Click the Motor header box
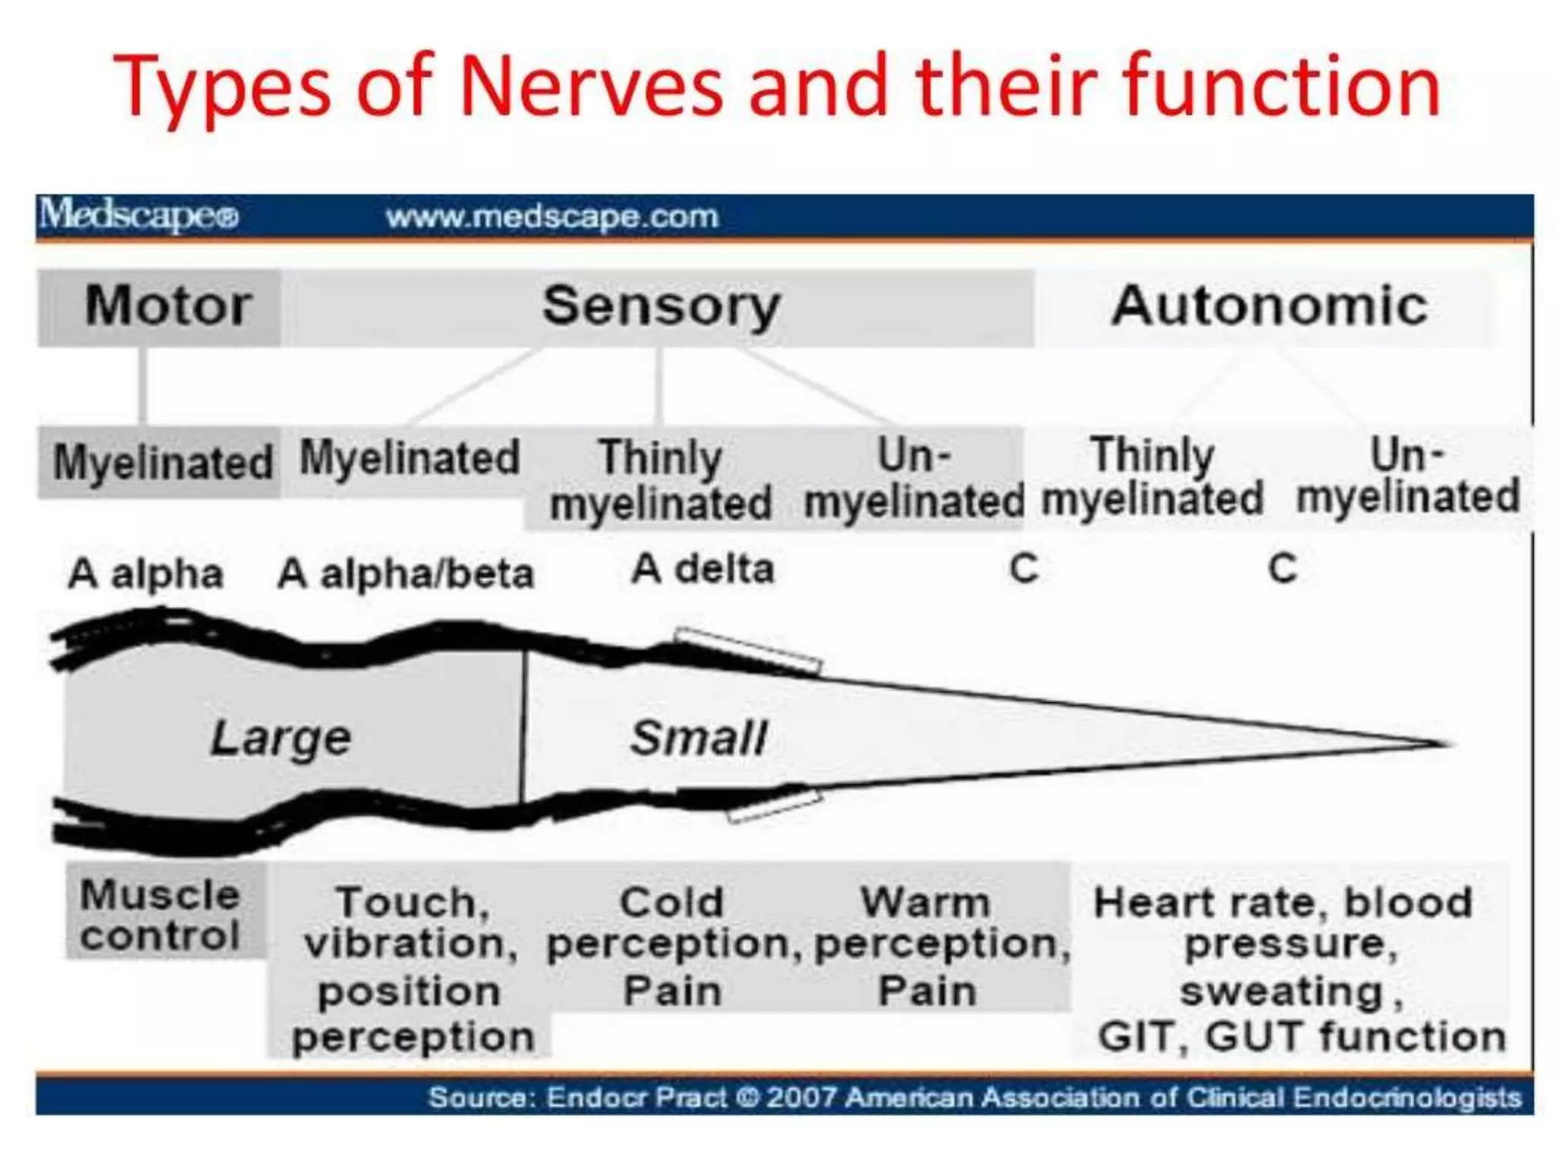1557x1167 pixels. point(160,307)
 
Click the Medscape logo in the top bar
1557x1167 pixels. point(139,215)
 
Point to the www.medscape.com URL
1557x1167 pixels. point(552,217)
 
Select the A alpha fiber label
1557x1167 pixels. point(146,574)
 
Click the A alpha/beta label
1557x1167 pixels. point(405,574)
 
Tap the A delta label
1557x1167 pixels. point(702,569)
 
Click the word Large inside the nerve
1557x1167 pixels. point(281,738)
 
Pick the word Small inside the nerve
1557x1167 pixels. point(698,738)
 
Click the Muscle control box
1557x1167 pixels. point(161,915)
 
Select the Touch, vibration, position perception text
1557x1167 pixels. point(411,969)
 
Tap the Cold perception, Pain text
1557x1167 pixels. point(672,946)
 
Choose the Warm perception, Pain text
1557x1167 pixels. point(928,946)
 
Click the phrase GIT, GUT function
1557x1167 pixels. point(1301,1036)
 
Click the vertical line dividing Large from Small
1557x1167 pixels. point(523,726)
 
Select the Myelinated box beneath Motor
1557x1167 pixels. point(161,462)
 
